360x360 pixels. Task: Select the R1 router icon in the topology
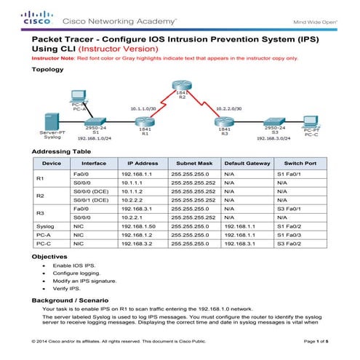click(x=144, y=121)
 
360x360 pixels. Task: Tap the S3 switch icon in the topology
click(x=272, y=121)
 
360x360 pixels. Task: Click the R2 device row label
click(x=41, y=195)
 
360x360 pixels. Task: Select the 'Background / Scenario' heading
click(x=70, y=300)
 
